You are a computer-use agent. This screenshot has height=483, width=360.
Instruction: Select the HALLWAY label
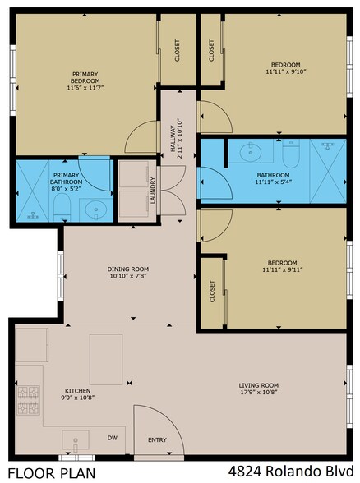(x=172, y=137)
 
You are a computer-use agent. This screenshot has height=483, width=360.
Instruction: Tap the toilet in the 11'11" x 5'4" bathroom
(x=290, y=153)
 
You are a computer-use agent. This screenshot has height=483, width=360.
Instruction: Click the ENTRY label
(x=157, y=440)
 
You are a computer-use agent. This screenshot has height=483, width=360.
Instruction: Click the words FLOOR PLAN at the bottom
(x=48, y=472)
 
